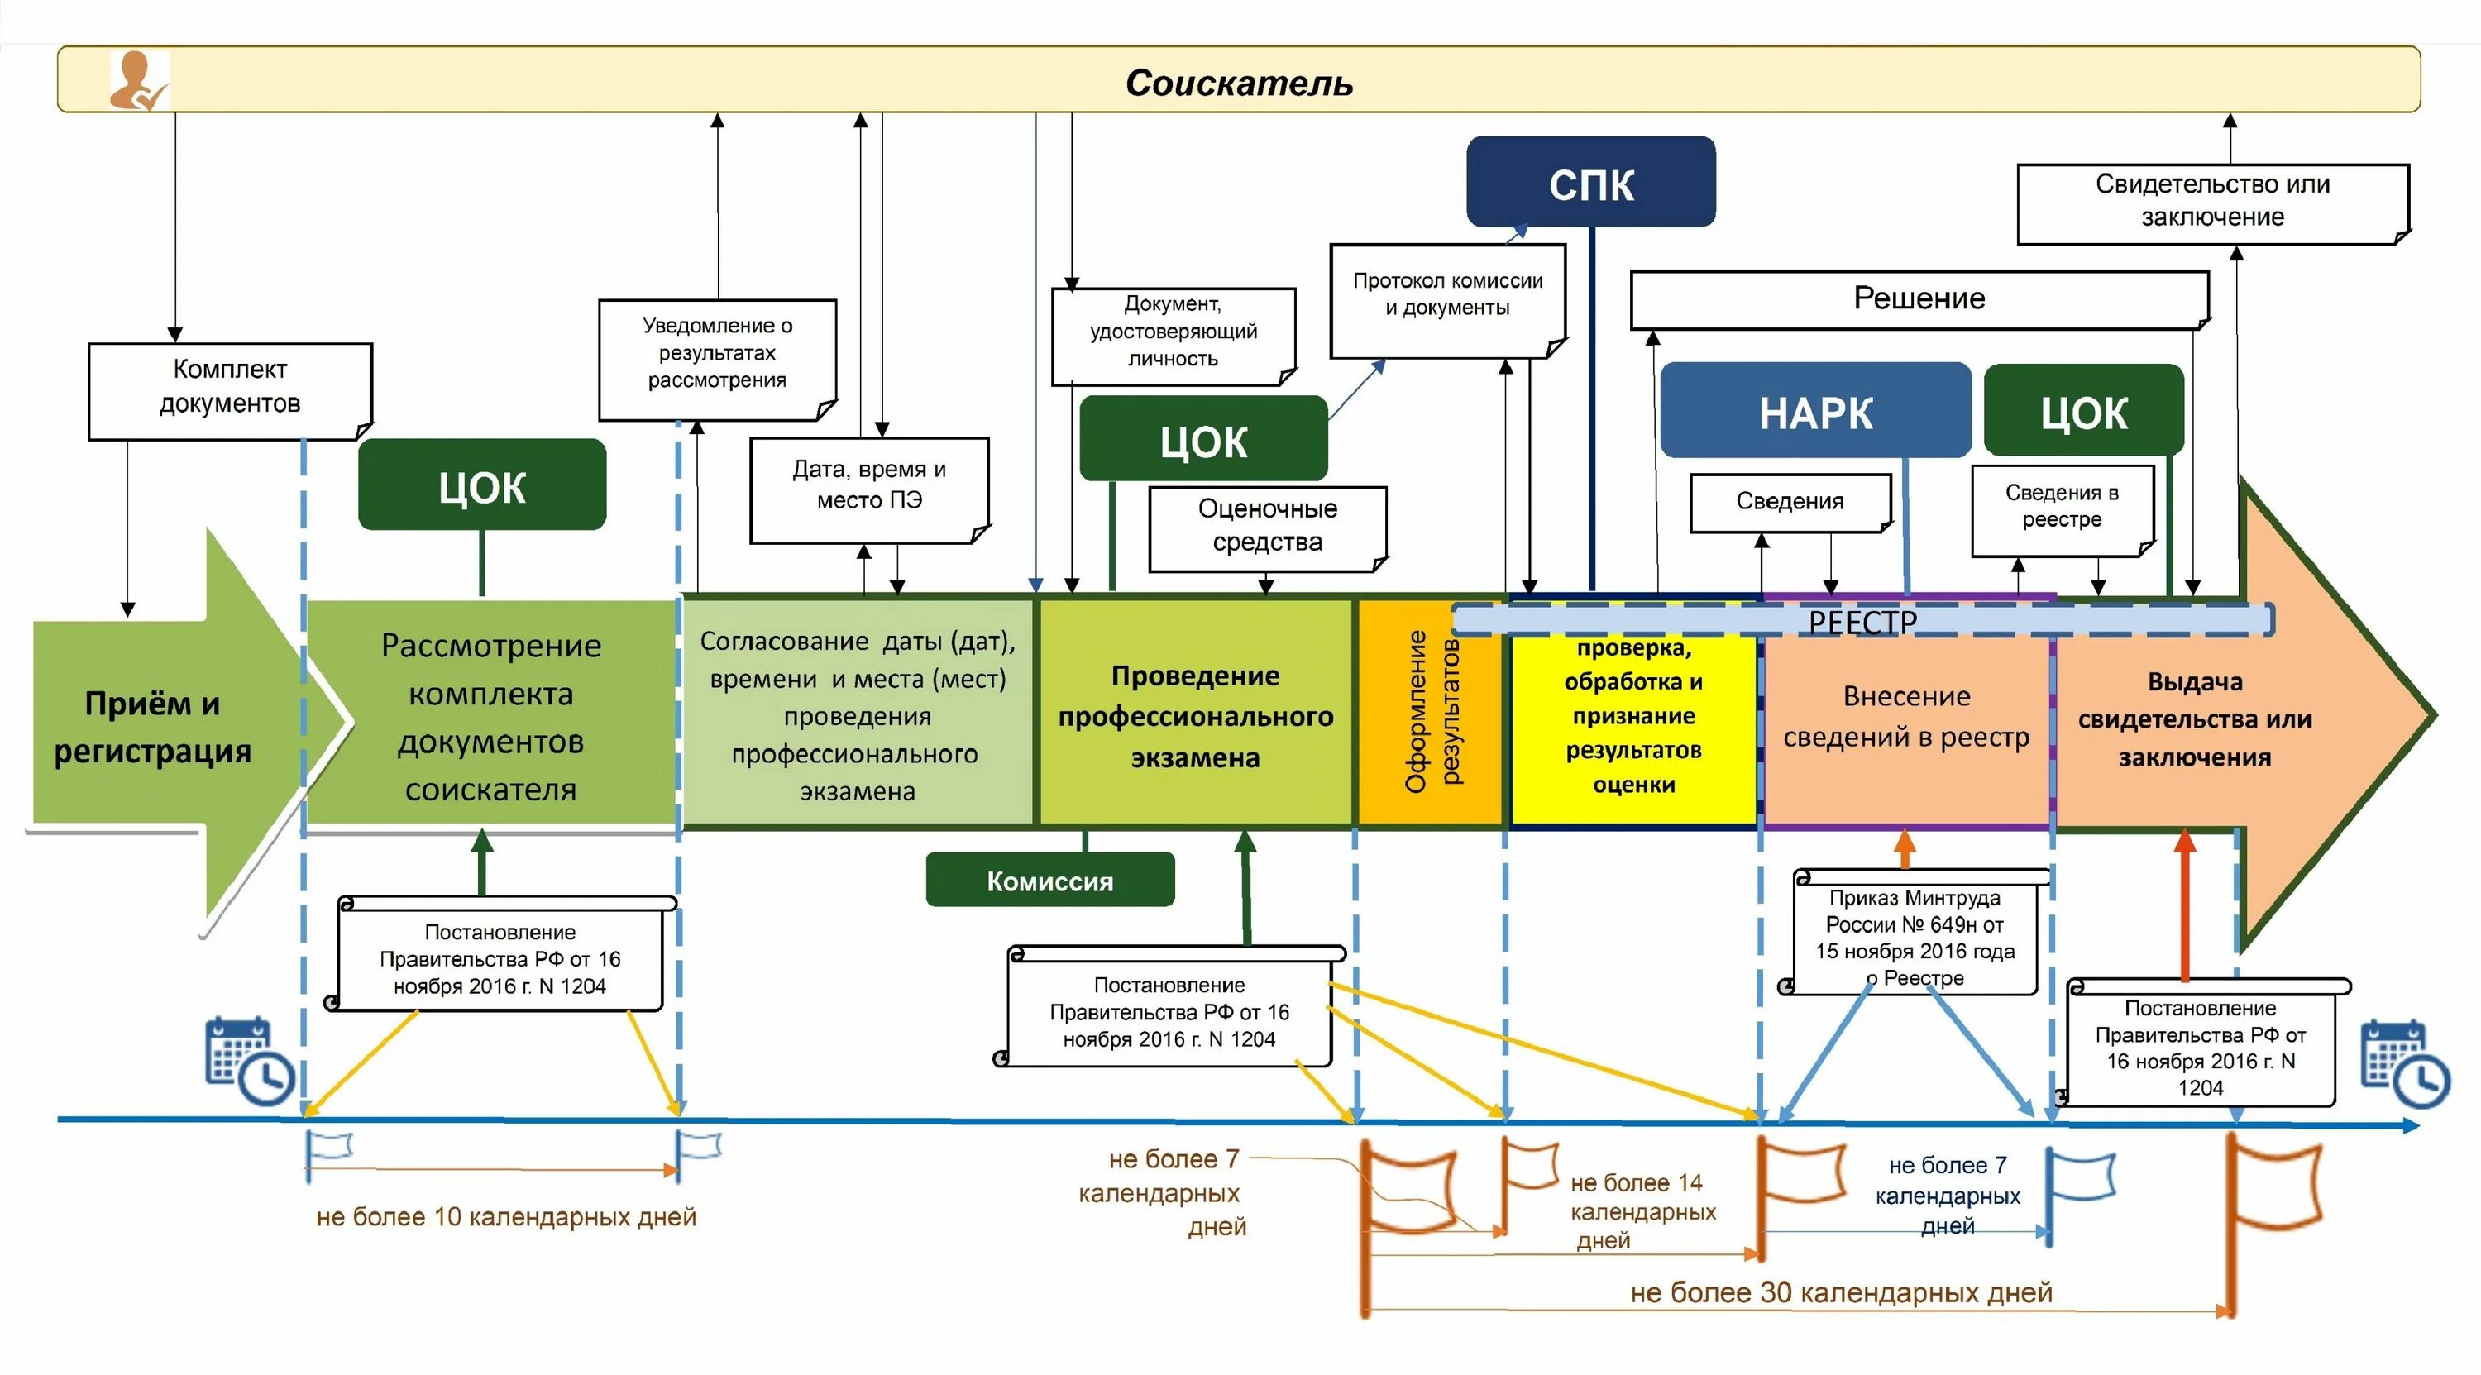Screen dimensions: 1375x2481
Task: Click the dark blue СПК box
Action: pyautogui.click(x=1590, y=183)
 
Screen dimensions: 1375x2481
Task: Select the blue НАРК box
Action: pyautogui.click(x=1815, y=411)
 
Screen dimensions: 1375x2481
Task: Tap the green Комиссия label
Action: pyautogui.click(x=1049, y=880)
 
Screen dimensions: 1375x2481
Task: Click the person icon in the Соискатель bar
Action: pyautogui.click(x=138, y=81)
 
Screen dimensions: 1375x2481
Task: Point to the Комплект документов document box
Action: pyautogui.click(x=230, y=389)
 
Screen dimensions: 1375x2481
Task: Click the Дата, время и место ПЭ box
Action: pyautogui.click(x=868, y=486)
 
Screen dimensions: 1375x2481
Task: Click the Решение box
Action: pyautogui.click(x=1919, y=298)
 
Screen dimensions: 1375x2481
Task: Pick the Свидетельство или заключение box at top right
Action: pyautogui.click(x=2212, y=201)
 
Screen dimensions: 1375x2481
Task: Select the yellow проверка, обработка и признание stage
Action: pyautogui.click(x=1633, y=718)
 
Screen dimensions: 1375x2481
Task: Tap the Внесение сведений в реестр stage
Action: pyautogui.click(x=1906, y=718)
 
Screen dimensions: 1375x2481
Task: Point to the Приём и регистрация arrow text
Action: pyautogui.click(x=152, y=727)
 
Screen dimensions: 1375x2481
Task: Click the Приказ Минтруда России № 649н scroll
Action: pyautogui.click(x=1915, y=937)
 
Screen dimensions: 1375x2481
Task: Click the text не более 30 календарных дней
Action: pyautogui.click(x=1841, y=1292)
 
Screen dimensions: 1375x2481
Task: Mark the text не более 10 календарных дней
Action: pyautogui.click(x=505, y=1216)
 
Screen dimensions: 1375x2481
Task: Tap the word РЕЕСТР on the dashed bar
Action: pyautogui.click(x=1862, y=622)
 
